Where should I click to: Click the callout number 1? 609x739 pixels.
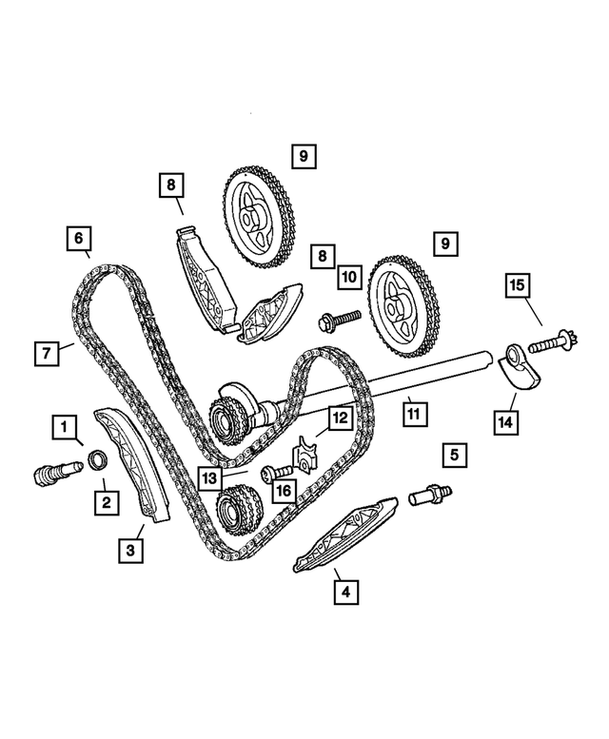click(64, 427)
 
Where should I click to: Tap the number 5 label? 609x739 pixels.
click(454, 456)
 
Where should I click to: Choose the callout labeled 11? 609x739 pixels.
click(413, 414)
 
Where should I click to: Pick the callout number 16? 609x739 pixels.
click(283, 490)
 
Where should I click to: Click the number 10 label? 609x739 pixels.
click(347, 277)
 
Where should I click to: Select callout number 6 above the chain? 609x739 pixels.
click(79, 235)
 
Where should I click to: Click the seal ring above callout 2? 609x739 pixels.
click(96, 463)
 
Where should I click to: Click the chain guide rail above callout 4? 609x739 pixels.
click(339, 535)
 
